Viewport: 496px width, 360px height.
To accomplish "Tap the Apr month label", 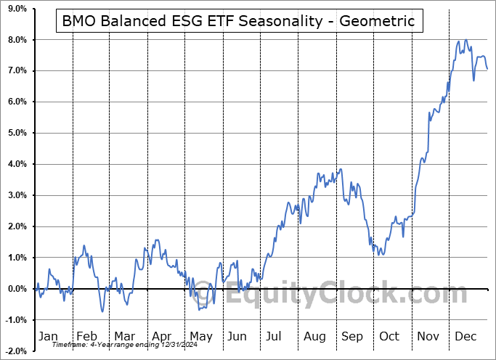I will click(160, 336).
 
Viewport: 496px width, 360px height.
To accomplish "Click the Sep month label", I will click(352, 336).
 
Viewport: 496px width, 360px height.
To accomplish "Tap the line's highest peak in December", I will click(465, 41).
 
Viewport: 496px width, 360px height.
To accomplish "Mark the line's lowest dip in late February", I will click(102, 311).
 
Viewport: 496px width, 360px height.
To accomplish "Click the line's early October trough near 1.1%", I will click(379, 255).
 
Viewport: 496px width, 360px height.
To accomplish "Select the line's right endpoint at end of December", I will click(487, 69).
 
